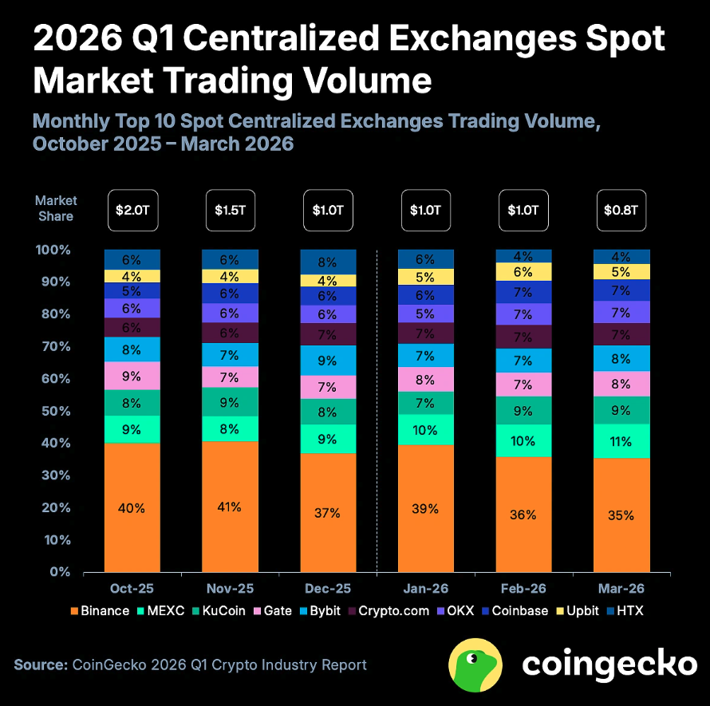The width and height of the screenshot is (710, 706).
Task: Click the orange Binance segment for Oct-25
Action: pos(132,507)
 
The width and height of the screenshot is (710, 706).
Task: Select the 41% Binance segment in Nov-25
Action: pos(230,506)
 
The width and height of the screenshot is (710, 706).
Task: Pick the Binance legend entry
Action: pos(100,611)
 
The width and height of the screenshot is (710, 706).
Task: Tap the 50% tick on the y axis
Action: pos(57,411)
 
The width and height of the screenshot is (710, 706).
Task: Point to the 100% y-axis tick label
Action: pos(53,250)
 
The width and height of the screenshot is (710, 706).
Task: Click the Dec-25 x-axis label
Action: pos(328,589)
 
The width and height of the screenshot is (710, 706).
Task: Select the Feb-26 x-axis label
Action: pos(523,589)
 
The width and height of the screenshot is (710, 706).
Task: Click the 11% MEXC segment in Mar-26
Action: pos(621,441)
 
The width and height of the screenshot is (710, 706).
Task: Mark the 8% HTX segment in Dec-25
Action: pos(328,262)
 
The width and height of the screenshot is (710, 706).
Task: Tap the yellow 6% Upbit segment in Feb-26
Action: pos(523,272)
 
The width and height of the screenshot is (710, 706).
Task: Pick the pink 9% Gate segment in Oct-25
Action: pos(132,376)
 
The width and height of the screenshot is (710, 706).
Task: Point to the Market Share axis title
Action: pos(55,209)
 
